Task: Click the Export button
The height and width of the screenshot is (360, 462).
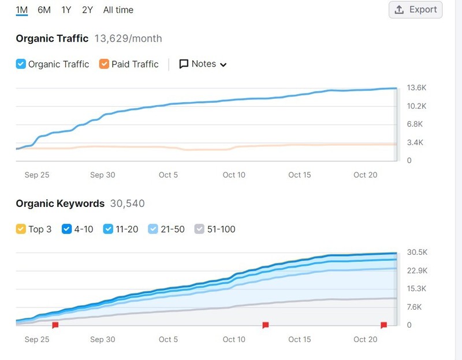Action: point(415,10)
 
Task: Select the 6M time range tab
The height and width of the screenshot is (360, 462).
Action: point(44,10)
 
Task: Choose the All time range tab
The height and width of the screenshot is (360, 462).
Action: point(118,10)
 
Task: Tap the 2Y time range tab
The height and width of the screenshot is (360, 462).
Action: point(88,10)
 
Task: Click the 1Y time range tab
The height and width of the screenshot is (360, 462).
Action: point(66,10)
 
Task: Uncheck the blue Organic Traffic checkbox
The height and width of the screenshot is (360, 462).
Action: point(21,64)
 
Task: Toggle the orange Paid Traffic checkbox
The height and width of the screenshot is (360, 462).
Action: point(104,64)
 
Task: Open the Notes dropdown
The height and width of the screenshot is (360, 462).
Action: point(203,64)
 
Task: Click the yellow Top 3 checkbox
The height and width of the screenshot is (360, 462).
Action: point(21,229)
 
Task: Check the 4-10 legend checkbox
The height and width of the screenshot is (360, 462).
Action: point(66,229)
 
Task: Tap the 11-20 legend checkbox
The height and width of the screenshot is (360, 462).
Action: point(108,229)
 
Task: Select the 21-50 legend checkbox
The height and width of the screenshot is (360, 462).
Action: point(153,229)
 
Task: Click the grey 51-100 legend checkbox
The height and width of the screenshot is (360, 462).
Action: point(199,229)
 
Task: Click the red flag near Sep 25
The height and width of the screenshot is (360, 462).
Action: point(55,325)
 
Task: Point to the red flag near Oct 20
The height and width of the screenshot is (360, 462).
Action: point(383,325)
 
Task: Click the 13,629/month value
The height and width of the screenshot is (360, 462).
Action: point(128,39)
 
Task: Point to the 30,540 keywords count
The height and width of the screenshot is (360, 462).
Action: point(127,203)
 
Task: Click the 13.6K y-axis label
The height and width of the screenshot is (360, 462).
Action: point(416,88)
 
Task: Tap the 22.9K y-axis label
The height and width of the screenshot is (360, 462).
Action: point(417,270)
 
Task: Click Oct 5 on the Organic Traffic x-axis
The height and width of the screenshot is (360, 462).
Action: point(168,175)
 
